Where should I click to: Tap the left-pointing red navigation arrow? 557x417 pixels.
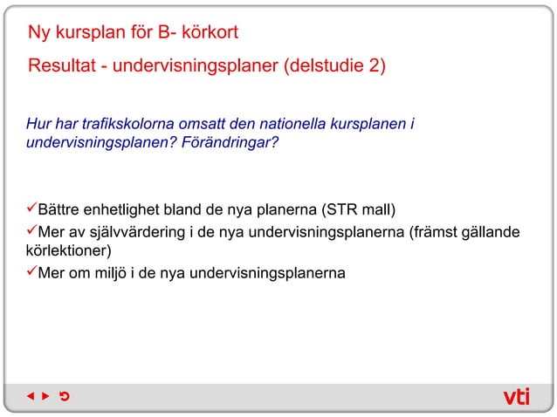click(30, 397)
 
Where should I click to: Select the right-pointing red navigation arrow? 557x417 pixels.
click(46, 397)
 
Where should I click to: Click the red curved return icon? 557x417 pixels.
click(65, 397)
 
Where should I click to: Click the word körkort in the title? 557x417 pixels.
click(208, 34)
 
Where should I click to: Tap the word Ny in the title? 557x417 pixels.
click(39, 34)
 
